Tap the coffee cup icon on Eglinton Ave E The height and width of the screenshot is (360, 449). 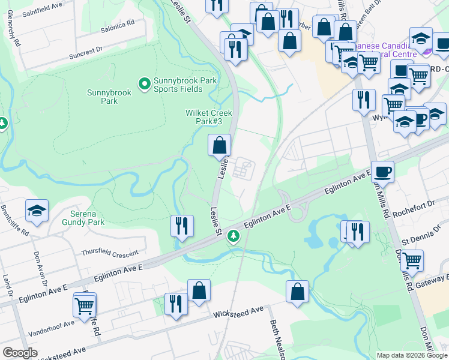pos(382,172)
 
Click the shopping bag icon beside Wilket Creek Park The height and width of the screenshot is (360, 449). pos(220,145)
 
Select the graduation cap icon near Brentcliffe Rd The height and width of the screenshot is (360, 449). pos(37,211)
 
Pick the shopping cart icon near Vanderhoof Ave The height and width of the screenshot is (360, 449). pos(85,306)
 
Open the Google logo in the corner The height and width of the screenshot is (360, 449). pos(20,353)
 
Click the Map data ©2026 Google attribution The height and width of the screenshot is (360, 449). pos(412,355)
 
